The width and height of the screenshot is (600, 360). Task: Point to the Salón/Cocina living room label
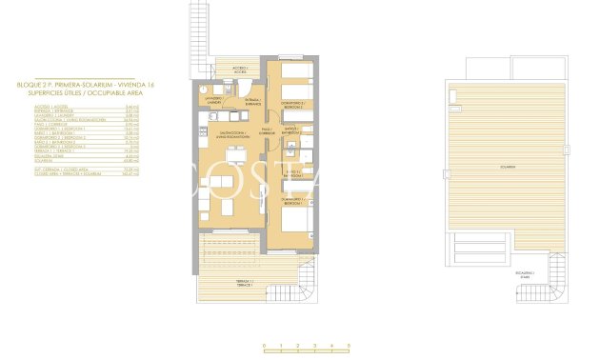coord(232,135)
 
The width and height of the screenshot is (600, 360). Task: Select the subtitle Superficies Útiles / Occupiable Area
coord(62,92)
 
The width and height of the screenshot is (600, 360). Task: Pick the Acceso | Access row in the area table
coord(57,106)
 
